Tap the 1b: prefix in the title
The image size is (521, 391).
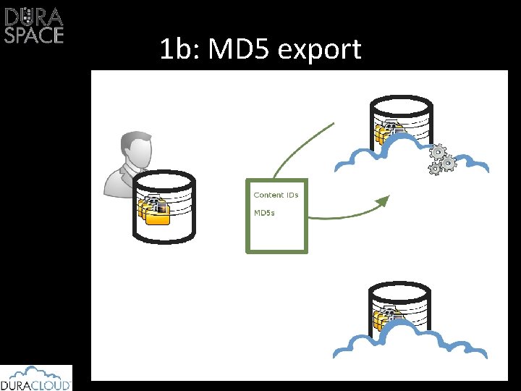click(177, 50)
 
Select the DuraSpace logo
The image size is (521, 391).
click(34, 25)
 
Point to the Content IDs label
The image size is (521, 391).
click(276, 195)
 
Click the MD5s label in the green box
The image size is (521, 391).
click(264, 213)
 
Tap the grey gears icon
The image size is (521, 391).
click(441, 159)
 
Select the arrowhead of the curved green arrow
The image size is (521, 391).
click(384, 201)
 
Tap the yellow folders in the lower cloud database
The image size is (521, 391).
click(384, 319)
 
